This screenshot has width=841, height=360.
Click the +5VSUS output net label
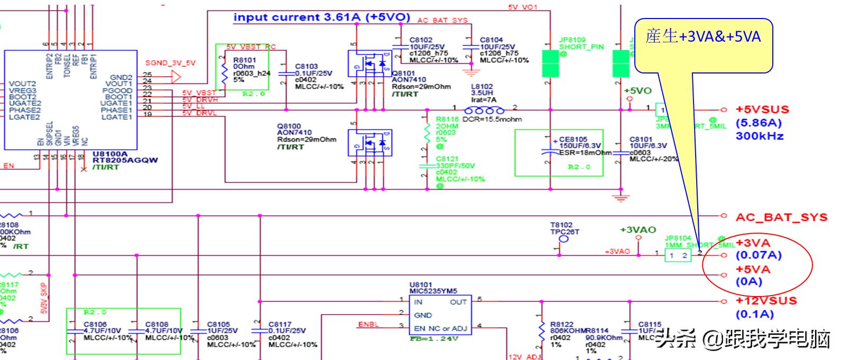click(x=762, y=110)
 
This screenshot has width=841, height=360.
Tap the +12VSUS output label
click(x=766, y=301)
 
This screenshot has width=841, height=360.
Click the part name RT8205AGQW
click(x=125, y=160)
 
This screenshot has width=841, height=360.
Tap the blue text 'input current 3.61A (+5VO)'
click(x=322, y=17)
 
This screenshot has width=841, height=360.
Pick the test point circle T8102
click(x=563, y=239)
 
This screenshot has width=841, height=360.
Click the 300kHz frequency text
click(x=760, y=136)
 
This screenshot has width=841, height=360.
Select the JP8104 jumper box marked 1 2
click(x=678, y=256)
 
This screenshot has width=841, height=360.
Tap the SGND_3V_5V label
click(x=170, y=63)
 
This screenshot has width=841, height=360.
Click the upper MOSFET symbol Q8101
click(x=369, y=63)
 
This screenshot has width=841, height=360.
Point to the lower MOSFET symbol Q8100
click(x=369, y=142)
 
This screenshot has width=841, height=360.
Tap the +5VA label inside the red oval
click(x=753, y=269)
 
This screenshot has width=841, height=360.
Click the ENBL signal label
click(x=368, y=324)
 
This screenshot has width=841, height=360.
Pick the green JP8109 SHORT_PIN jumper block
click(x=551, y=64)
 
